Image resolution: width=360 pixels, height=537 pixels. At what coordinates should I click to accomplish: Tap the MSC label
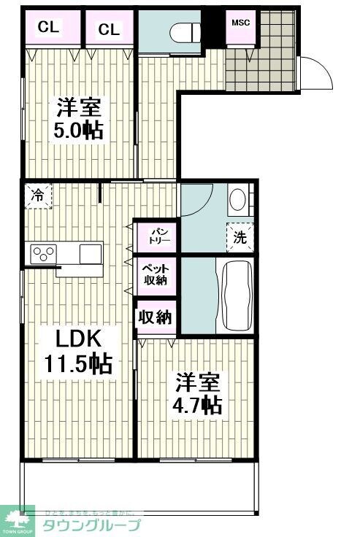240,22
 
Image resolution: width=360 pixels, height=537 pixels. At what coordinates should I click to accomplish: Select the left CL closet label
48,28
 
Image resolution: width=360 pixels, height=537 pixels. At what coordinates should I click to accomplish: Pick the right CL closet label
108,29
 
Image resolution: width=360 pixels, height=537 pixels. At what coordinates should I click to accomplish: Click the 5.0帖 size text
77,131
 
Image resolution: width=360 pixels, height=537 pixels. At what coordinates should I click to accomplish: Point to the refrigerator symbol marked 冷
37,195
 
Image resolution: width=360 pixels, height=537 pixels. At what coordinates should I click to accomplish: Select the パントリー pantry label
155,235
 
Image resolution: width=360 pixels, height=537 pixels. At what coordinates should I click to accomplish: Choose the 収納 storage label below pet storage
155,317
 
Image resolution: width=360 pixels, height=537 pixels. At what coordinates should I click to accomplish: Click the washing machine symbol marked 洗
240,236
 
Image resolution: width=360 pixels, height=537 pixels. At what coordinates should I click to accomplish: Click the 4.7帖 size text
197,406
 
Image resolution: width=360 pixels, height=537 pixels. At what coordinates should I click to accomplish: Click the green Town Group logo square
17,519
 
